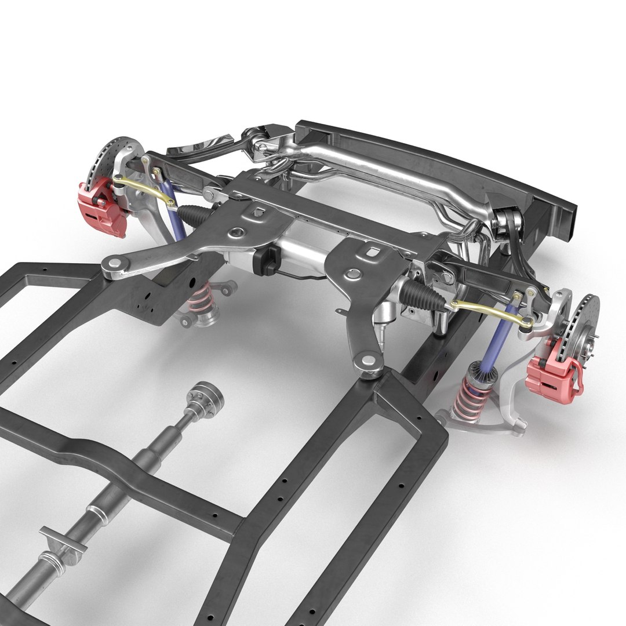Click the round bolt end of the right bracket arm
coord(366,361)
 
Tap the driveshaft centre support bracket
coord(62,539)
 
